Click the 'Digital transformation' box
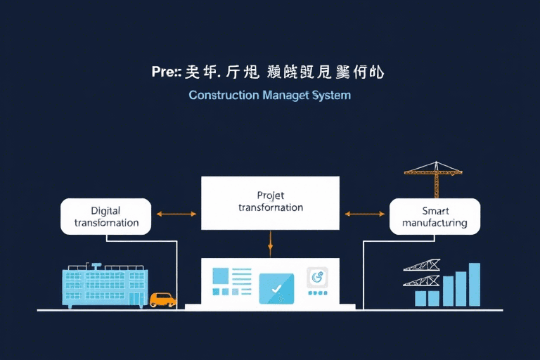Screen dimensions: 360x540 pyautogui.click(x=105, y=217)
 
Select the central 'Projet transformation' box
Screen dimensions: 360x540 pyautogui.click(x=270, y=202)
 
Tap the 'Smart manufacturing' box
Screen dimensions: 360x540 pyautogui.click(x=435, y=217)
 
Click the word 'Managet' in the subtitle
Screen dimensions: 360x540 pyautogui.click(x=285, y=94)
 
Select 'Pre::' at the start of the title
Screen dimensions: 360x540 pyautogui.click(x=167, y=72)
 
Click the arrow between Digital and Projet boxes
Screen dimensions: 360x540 pyautogui.click(x=176, y=213)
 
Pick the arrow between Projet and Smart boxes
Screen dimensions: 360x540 pyautogui.click(x=364, y=213)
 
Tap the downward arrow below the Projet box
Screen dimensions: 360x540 pyautogui.click(x=270, y=243)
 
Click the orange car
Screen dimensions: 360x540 pyautogui.click(x=162, y=300)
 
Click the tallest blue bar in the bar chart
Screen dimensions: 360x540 pyautogui.click(x=474, y=285)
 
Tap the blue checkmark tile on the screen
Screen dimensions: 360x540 pyautogui.click(x=276, y=288)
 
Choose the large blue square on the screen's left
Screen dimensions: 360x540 pyautogui.click(x=221, y=276)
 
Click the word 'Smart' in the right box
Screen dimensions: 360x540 pyautogui.click(x=435, y=210)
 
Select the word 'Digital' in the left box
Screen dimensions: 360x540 pyautogui.click(x=105, y=210)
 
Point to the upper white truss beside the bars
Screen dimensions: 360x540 pyautogui.click(x=422, y=266)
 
